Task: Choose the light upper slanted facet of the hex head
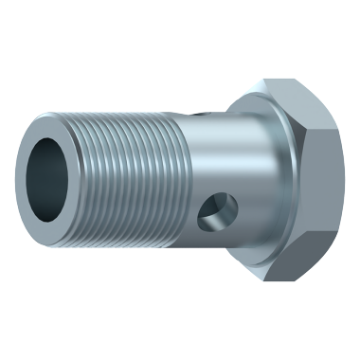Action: coord(301,106)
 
